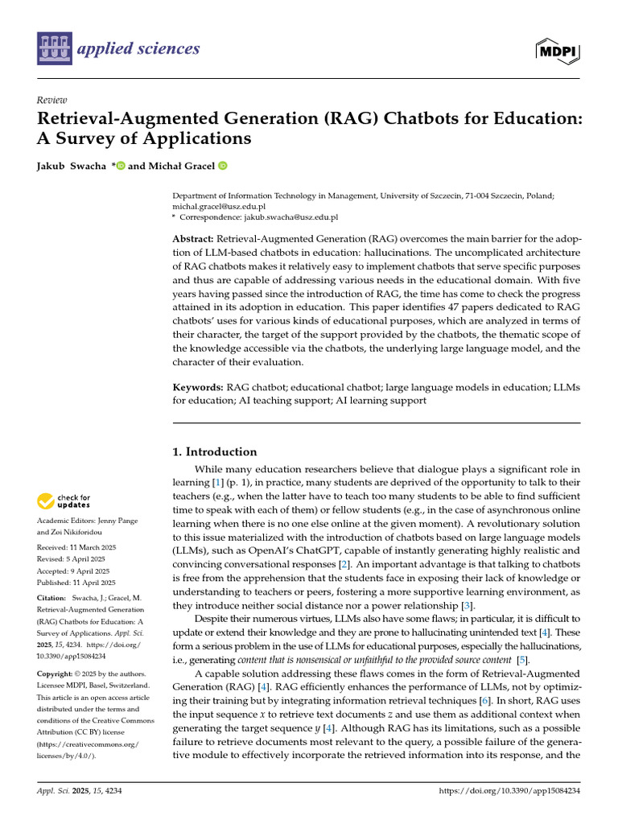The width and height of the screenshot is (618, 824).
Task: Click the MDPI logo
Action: click(x=557, y=51)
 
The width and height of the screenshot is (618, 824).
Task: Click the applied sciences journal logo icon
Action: click(x=54, y=49)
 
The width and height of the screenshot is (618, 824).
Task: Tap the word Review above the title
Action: click(x=51, y=100)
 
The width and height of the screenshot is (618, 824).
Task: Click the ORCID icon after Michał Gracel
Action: click(x=222, y=166)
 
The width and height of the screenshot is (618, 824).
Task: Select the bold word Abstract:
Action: click(x=193, y=241)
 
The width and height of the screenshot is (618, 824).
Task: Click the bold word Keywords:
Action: click(x=197, y=387)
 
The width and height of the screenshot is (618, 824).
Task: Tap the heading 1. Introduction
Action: click(x=216, y=451)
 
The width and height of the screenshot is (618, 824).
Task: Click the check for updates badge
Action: click(x=64, y=501)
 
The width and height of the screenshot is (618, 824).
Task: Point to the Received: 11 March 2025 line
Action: click(x=76, y=547)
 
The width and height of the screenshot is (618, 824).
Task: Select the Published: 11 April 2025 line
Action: click(x=76, y=583)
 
